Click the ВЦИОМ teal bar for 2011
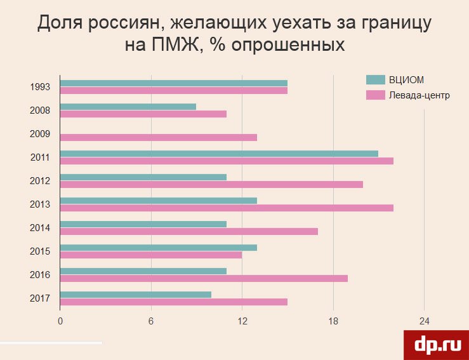219,153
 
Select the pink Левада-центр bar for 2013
227,208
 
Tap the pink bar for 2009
159,137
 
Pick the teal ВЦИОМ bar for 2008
128,107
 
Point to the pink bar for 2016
204,278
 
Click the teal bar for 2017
136,295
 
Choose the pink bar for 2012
211,184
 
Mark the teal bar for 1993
174,83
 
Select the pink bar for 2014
189,231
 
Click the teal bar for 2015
159,248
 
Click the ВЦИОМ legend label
406,79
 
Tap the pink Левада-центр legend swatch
376,95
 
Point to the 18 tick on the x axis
333,321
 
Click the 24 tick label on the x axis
424,321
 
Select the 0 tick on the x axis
60,321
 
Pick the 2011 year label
40,157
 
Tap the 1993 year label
40,87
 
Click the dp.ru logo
437,344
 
